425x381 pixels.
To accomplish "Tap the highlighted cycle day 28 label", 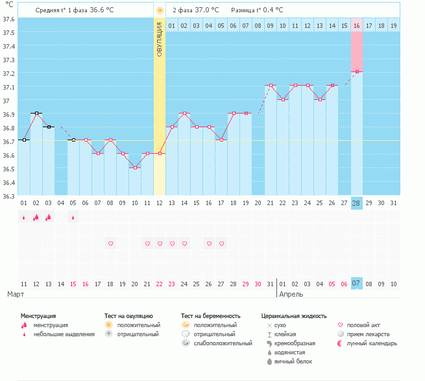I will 356,203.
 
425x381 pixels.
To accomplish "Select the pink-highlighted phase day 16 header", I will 357,25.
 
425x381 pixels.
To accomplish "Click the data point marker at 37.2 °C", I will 357,72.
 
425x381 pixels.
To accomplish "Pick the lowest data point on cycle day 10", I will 135,167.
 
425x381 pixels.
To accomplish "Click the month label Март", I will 16,294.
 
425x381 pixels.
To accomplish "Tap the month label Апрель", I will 291,294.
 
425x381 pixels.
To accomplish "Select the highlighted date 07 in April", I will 356,284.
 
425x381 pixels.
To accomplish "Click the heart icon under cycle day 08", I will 110,243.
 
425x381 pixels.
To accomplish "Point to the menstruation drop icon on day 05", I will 73,217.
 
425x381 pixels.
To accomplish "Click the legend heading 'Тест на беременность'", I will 215,315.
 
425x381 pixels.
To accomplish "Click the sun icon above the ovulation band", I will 160,10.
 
